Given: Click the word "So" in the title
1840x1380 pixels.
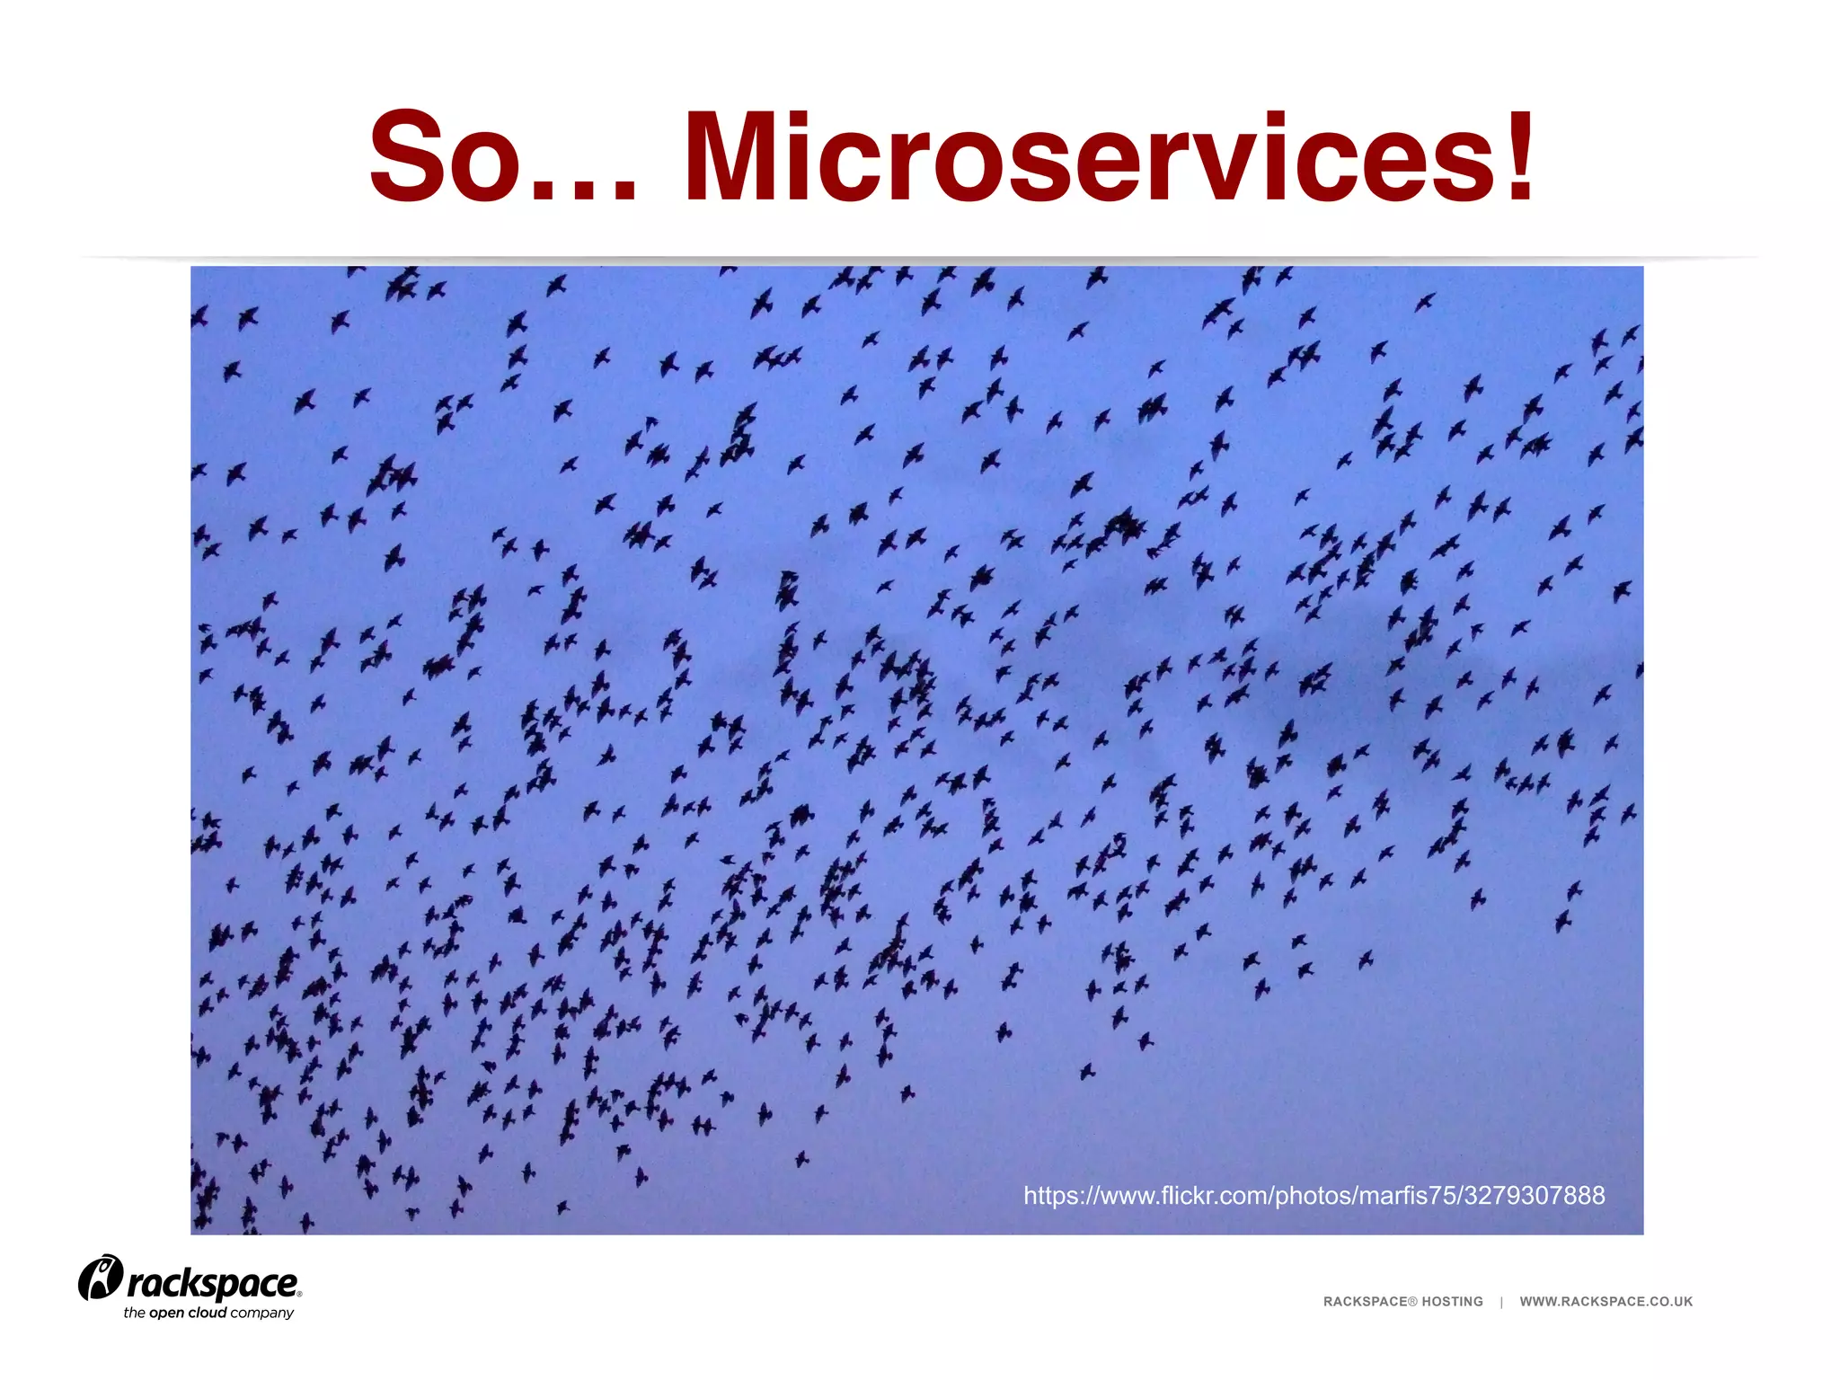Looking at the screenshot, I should [445, 158].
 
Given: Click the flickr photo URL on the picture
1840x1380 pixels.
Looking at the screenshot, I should [1314, 1196].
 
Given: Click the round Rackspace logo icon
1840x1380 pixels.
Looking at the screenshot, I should [100, 1278].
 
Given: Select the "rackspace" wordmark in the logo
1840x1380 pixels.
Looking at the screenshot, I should [212, 1284].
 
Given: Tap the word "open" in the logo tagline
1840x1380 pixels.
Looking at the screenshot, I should [166, 1314].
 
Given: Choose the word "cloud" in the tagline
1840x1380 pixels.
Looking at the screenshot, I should [207, 1313].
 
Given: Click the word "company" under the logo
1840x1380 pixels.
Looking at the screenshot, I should [261, 1314].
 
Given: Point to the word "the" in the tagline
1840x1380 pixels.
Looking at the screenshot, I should [134, 1313].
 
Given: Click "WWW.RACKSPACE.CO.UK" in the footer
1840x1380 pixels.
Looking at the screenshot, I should [1606, 1302].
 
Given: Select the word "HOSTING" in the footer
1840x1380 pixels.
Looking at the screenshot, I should [1452, 1302].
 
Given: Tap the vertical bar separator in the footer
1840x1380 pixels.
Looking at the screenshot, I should [1501, 1302].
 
